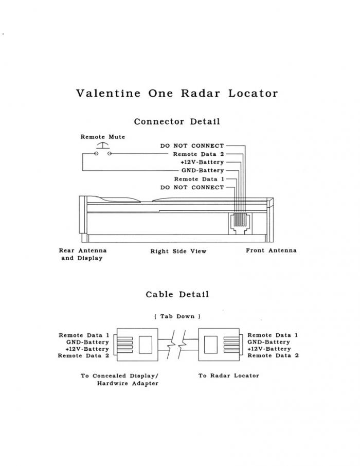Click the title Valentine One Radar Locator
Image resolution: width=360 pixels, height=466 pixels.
point(177,94)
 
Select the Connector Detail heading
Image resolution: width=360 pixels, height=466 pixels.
point(177,122)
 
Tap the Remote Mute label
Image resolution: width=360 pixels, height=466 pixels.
point(103,137)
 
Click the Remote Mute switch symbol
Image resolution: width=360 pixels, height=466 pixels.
point(103,150)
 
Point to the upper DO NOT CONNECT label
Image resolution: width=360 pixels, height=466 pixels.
point(192,146)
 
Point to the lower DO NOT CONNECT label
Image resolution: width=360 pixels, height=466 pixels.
point(192,187)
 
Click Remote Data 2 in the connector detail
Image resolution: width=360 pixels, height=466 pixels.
point(199,154)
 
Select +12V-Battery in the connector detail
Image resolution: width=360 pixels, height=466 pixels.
point(202,162)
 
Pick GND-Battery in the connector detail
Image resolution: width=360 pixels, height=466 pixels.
point(203,170)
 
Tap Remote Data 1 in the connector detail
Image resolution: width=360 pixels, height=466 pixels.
point(199,179)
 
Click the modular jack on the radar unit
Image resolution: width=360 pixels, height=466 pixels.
point(239,223)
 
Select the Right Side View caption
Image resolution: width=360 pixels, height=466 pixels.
point(178,252)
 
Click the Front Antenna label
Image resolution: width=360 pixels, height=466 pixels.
point(271,250)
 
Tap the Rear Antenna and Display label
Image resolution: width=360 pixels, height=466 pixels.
point(83,254)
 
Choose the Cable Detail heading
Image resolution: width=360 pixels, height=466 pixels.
point(177,295)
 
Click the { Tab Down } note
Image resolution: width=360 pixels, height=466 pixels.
point(177,316)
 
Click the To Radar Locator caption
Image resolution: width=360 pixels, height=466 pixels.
point(228,375)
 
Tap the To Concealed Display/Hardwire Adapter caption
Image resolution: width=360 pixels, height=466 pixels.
point(119,380)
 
